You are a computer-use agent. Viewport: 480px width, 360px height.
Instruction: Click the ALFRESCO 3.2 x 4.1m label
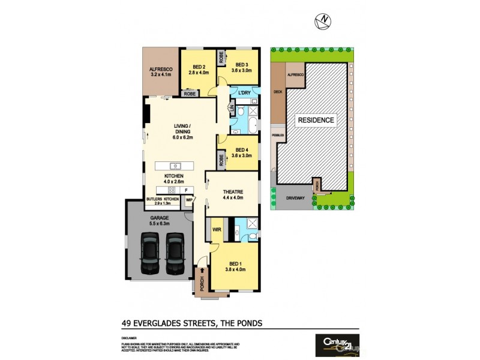pos(160,73)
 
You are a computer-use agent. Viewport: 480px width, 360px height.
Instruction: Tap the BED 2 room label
pos(199,70)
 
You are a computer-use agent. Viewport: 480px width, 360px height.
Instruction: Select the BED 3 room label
pos(242,68)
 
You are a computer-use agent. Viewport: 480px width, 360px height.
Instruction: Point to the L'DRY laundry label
pos(244,92)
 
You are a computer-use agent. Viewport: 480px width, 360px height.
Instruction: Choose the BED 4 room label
pos(242,152)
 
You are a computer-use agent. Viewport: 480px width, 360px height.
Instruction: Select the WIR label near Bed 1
pos(216,229)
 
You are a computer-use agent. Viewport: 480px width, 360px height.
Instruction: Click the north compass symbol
pos(325,20)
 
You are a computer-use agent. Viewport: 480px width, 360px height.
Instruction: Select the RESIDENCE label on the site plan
pos(316,120)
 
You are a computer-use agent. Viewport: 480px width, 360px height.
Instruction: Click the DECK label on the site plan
pos(277,92)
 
